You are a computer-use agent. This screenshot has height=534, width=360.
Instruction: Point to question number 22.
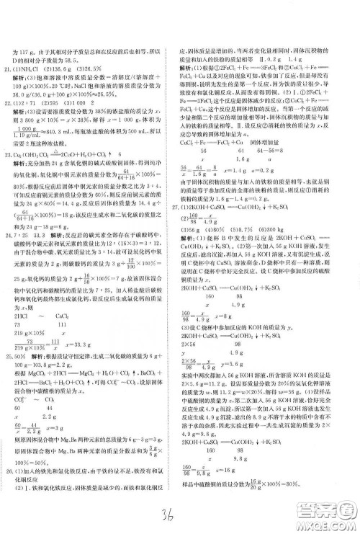click(x=9, y=125)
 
